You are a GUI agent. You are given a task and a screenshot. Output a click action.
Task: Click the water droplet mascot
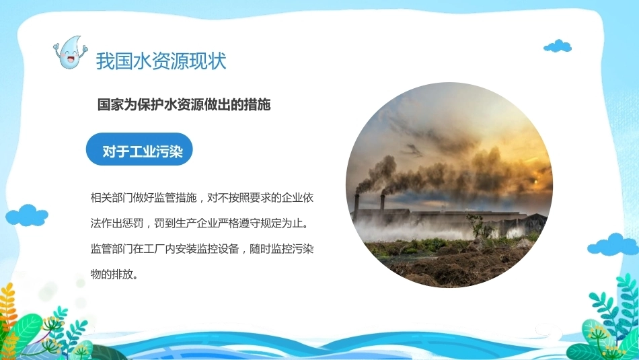tap(70, 52)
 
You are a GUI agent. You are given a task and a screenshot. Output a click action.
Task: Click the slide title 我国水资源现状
tap(161, 61)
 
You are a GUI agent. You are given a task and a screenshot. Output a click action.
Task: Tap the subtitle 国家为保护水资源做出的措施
tap(184, 105)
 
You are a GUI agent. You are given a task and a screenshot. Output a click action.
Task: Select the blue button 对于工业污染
tap(139, 149)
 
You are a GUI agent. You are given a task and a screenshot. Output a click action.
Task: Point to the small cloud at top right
tap(558, 46)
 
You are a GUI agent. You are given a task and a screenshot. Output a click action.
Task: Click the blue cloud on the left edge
tap(27, 215)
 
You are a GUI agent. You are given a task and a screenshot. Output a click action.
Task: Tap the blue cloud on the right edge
tap(613, 245)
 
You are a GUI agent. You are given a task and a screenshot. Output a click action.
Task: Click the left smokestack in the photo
tap(356, 207)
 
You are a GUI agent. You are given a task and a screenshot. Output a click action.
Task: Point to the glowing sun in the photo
tap(536, 180)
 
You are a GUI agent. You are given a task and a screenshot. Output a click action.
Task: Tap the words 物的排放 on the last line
tap(111, 274)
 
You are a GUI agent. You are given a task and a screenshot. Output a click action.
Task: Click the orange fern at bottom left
tap(7, 310)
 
